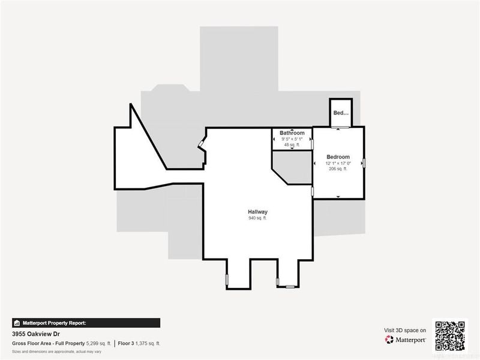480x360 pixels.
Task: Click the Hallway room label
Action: (x=258, y=212)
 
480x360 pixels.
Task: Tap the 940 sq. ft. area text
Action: (x=258, y=218)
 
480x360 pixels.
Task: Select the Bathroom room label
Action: (x=292, y=133)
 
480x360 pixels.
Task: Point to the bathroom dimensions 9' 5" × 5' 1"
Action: (x=292, y=139)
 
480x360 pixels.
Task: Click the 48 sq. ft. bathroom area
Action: (x=292, y=145)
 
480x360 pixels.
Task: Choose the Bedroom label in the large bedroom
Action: (x=338, y=157)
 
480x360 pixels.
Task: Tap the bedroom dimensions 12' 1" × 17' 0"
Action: (x=338, y=163)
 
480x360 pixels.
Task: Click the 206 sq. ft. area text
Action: (x=338, y=169)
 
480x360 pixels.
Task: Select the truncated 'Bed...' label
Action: (x=340, y=113)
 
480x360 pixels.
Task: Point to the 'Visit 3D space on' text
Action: (x=405, y=330)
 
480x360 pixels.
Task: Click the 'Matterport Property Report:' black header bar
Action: (x=86, y=322)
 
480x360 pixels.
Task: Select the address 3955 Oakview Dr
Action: (x=35, y=334)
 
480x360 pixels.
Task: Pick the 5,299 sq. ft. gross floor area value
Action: (x=98, y=344)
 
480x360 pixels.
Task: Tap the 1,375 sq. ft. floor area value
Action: (x=148, y=344)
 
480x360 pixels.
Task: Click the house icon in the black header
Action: (x=17, y=322)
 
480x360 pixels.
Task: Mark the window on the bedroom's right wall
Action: (x=364, y=162)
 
